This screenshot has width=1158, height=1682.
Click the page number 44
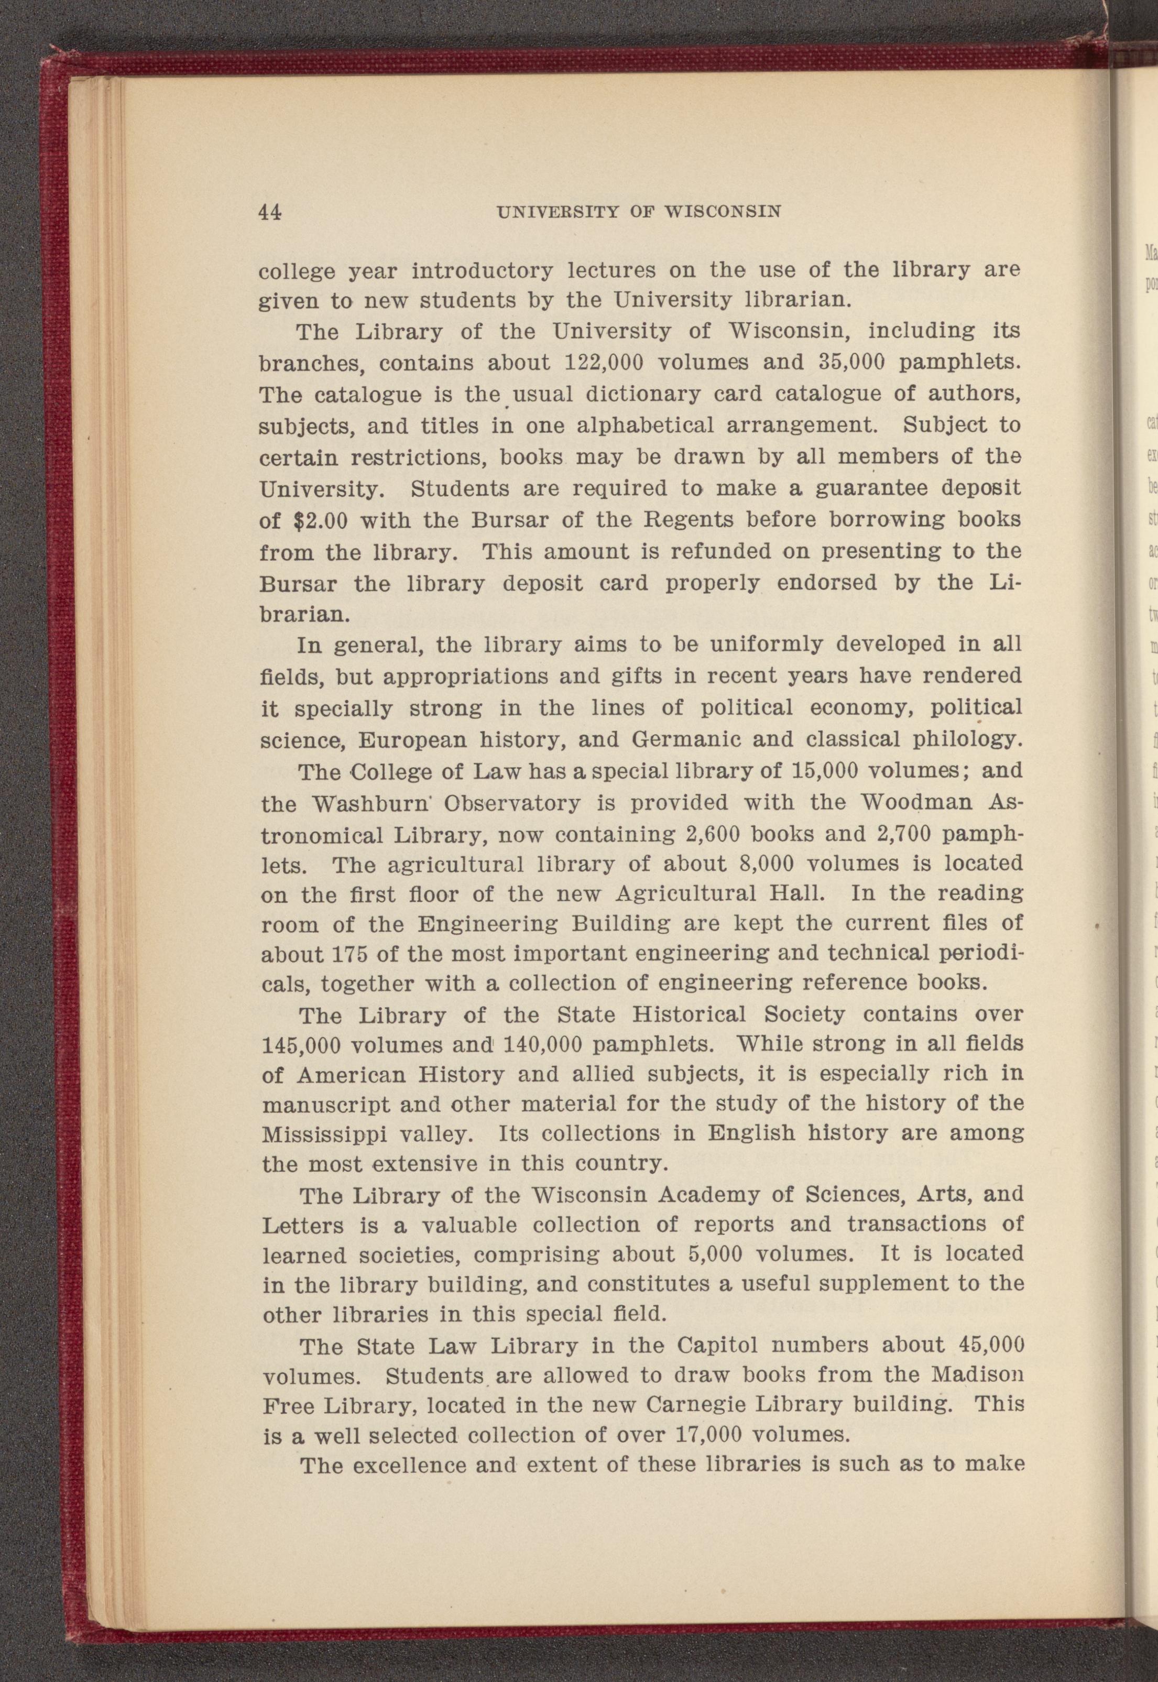click(270, 211)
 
